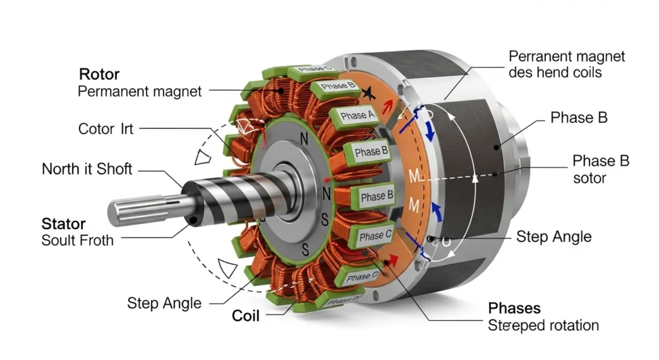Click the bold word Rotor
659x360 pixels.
(x=99, y=73)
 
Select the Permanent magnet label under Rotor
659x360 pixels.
(x=140, y=91)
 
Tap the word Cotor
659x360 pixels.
(x=95, y=129)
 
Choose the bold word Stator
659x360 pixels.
(x=63, y=224)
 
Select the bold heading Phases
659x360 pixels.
(x=514, y=308)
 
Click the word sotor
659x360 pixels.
(x=589, y=177)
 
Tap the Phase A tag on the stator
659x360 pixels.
(x=357, y=116)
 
